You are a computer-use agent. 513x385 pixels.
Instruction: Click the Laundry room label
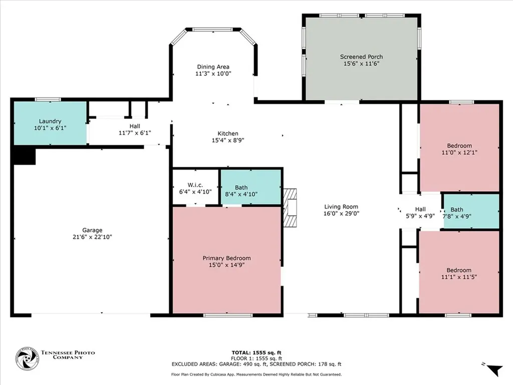click(x=50, y=121)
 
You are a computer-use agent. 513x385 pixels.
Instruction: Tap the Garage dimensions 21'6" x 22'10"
click(x=92, y=237)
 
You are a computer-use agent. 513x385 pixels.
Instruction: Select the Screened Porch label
click(x=361, y=57)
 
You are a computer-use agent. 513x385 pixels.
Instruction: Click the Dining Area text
click(x=213, y=67)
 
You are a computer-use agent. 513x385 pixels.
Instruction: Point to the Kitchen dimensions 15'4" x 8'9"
click(x=228, y=140)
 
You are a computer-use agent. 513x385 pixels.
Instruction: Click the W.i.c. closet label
click(x=195, y=185)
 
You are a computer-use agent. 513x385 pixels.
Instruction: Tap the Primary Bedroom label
click(x=227, y=258)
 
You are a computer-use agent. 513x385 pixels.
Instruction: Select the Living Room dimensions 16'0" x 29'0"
click(x=341, y=214)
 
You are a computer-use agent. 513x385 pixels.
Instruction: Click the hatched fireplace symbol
click(x=290, y=208)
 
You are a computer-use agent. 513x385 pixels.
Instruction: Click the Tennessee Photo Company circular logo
click(x=27, y=359)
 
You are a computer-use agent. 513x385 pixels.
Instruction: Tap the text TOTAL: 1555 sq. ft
click(x=256, y=352)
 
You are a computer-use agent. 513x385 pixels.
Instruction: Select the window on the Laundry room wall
click(x=48, y=99)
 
